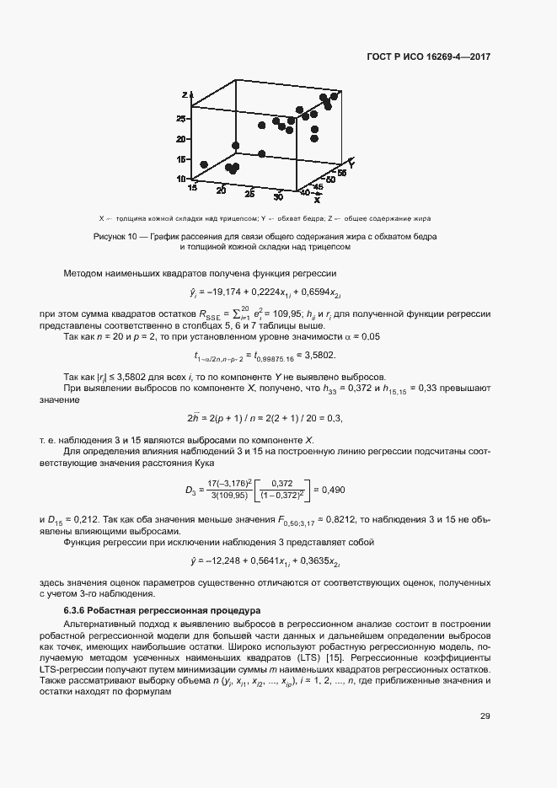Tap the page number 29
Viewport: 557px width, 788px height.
tap(485, 717)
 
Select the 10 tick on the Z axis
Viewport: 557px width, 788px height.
tap(179, 179)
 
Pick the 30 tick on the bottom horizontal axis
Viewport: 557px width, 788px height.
tap(278, 196)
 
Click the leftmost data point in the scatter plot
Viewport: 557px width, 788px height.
tap(204, 164)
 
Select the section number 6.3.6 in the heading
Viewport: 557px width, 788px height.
tap(78, 609)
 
